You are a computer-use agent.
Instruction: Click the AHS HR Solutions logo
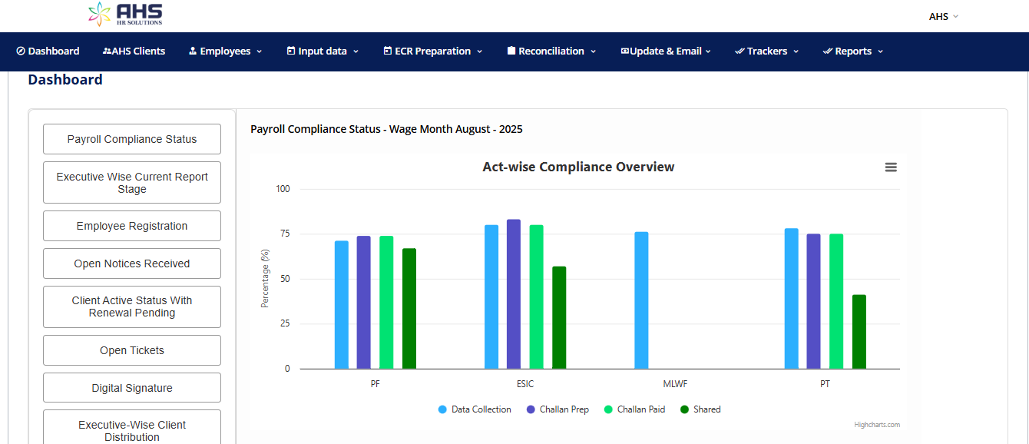[126, 14]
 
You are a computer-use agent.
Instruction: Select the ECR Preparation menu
[433, 51]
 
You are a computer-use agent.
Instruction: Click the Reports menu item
[853, 51]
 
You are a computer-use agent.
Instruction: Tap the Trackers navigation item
[767, 51]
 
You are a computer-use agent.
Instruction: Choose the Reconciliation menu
[551, 51]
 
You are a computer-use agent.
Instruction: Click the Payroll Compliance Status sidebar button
[132, 139]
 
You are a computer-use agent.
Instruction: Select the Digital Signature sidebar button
[132, 388]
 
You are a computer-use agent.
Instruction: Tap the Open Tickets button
[132, 350]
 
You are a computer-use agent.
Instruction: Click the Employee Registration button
[132, 226]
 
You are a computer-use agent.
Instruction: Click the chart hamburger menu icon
[891, 167]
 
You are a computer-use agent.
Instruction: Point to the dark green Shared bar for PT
[859, 332]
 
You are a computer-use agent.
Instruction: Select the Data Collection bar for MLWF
[641, 300]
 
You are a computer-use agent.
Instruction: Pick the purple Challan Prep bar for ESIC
[514, 294]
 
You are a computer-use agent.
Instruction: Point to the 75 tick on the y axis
[284, 234]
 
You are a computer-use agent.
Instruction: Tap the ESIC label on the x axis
[525, 384]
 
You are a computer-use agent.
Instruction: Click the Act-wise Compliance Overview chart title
[578, 167]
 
